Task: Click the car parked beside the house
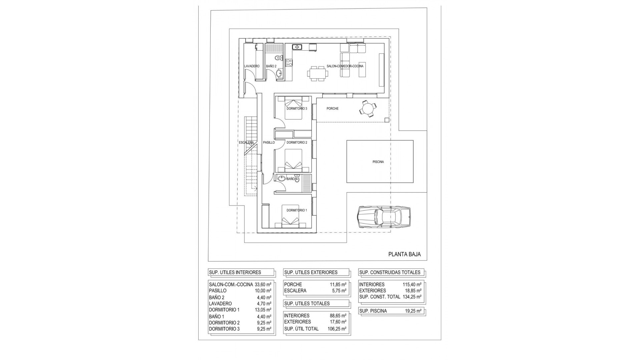[383, 217]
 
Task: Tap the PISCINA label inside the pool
[378, 162]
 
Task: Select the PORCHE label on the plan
[332, 109]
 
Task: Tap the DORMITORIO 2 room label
[297, 143]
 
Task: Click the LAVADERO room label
[252, 66]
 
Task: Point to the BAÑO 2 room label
[271, 66]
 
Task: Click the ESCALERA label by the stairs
[246, 143]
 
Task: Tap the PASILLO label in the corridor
[269, 143]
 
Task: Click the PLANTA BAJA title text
[404, 254]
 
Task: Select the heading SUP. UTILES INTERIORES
[235, 272]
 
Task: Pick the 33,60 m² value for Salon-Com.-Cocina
[263, 285]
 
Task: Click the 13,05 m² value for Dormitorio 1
[263, 310]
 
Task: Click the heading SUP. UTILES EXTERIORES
[311, 272]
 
